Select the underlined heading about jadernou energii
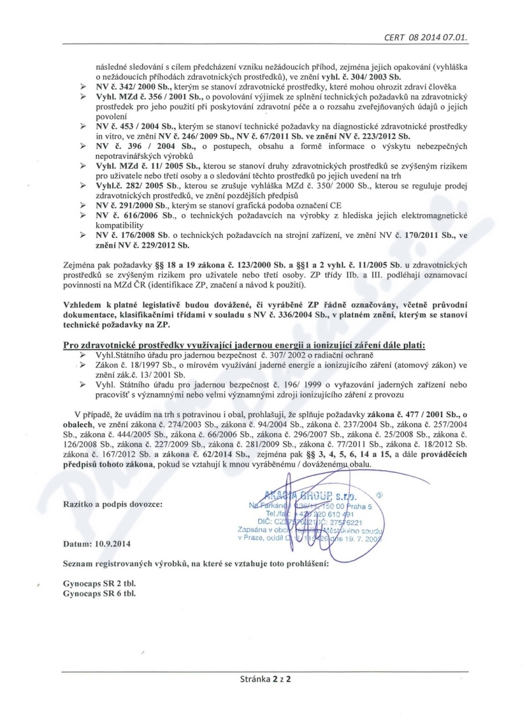(x=244, y=344)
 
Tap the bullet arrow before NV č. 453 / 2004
(x=83, y=125)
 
